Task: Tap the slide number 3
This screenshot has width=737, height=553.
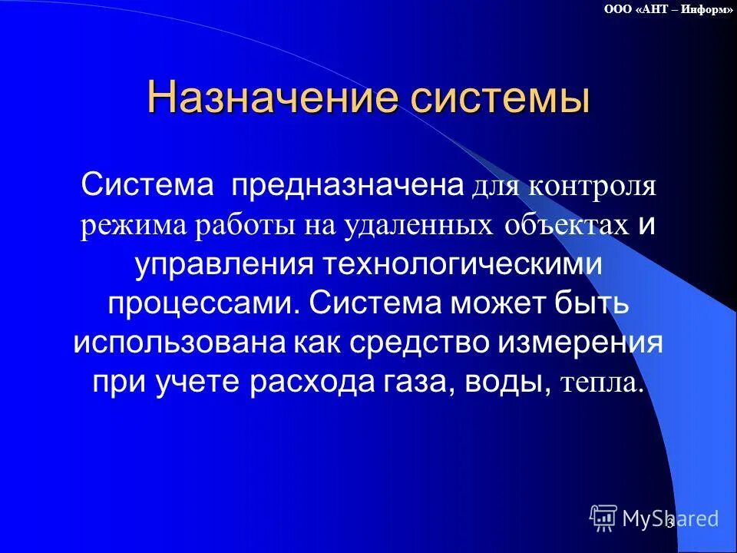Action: tap(669, 523)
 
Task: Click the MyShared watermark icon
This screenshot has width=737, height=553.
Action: tap(603, 518)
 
